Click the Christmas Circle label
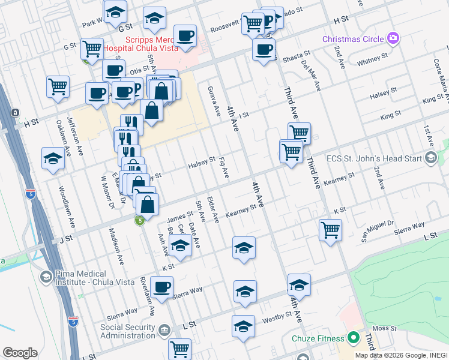pyautogui.click(x=353, y=39)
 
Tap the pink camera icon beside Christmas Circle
pyautogui.click(x=393, y=38)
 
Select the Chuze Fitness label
pyautogui.click(x=318, y=338)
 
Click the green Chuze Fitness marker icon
pyautogui.click(x=355, y=338)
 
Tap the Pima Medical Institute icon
pyautogui.click(x=46, y=277)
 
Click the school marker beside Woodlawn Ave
pyautogui.click(x=53, y=159)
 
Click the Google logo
pyautogui.click(x=20, y=353)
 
